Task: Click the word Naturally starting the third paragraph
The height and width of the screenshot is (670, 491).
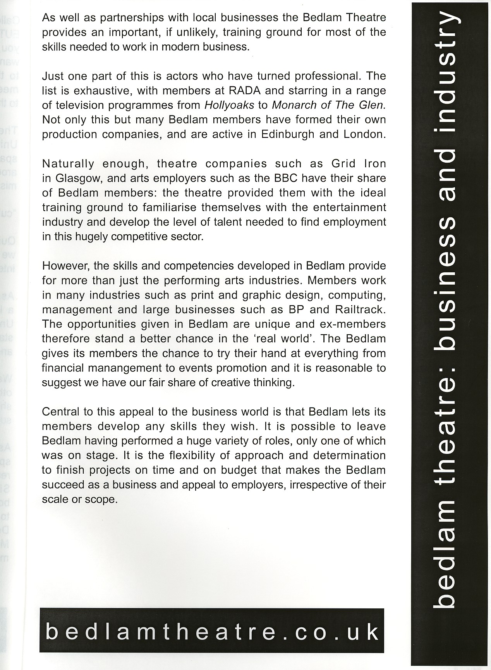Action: [68, 164]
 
